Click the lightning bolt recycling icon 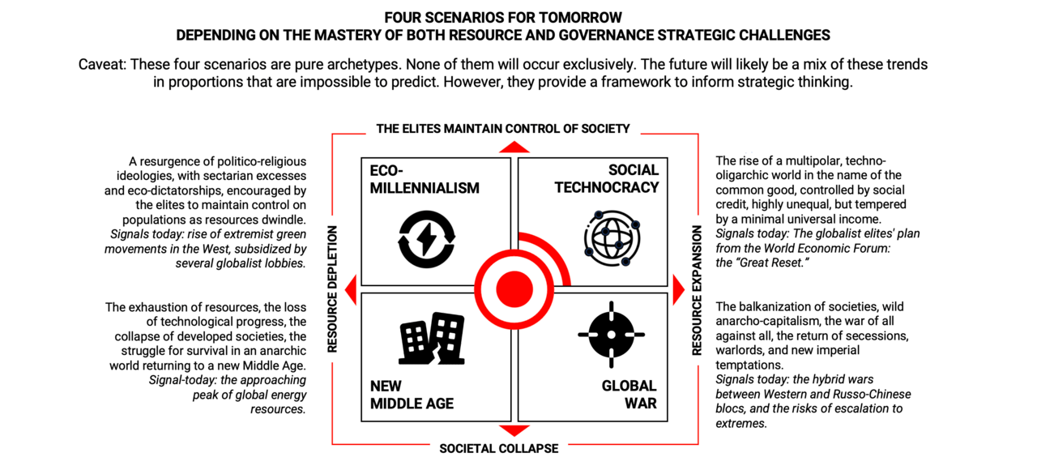pyautogui.click(x=426, y=239)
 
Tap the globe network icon pyautogui.click(x=612, y=238)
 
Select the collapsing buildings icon pyautogui.click(x=432, y=339)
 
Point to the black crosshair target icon pyautogui.click(x=611, y=335)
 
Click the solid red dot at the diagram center pyautogui.click(x=514, y=289)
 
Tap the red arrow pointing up pyautogui.click(x=514, y=147)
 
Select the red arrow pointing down pyautogui.click(x=514, y=430)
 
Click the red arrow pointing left pyautogui.click(x=351, y=290)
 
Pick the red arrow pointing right pyautogui.click(x=678, y=290)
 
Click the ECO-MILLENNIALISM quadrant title pyautogui.click(x=425, y=179)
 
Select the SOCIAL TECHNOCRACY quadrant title pyautogui.click(x=607, y=179)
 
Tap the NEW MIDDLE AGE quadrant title pyautogui.click(x=412, y=395)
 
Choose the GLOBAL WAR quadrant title pyautogui.click(x=629, y=395)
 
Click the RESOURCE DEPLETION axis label pyautogui.click(x=332, y=289)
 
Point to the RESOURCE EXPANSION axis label pyautogui.click(x=697, y=290)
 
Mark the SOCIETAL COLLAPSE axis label pyautogui.click(x=498, y=448)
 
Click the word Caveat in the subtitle pyautogui.click(x=101, y=64)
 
